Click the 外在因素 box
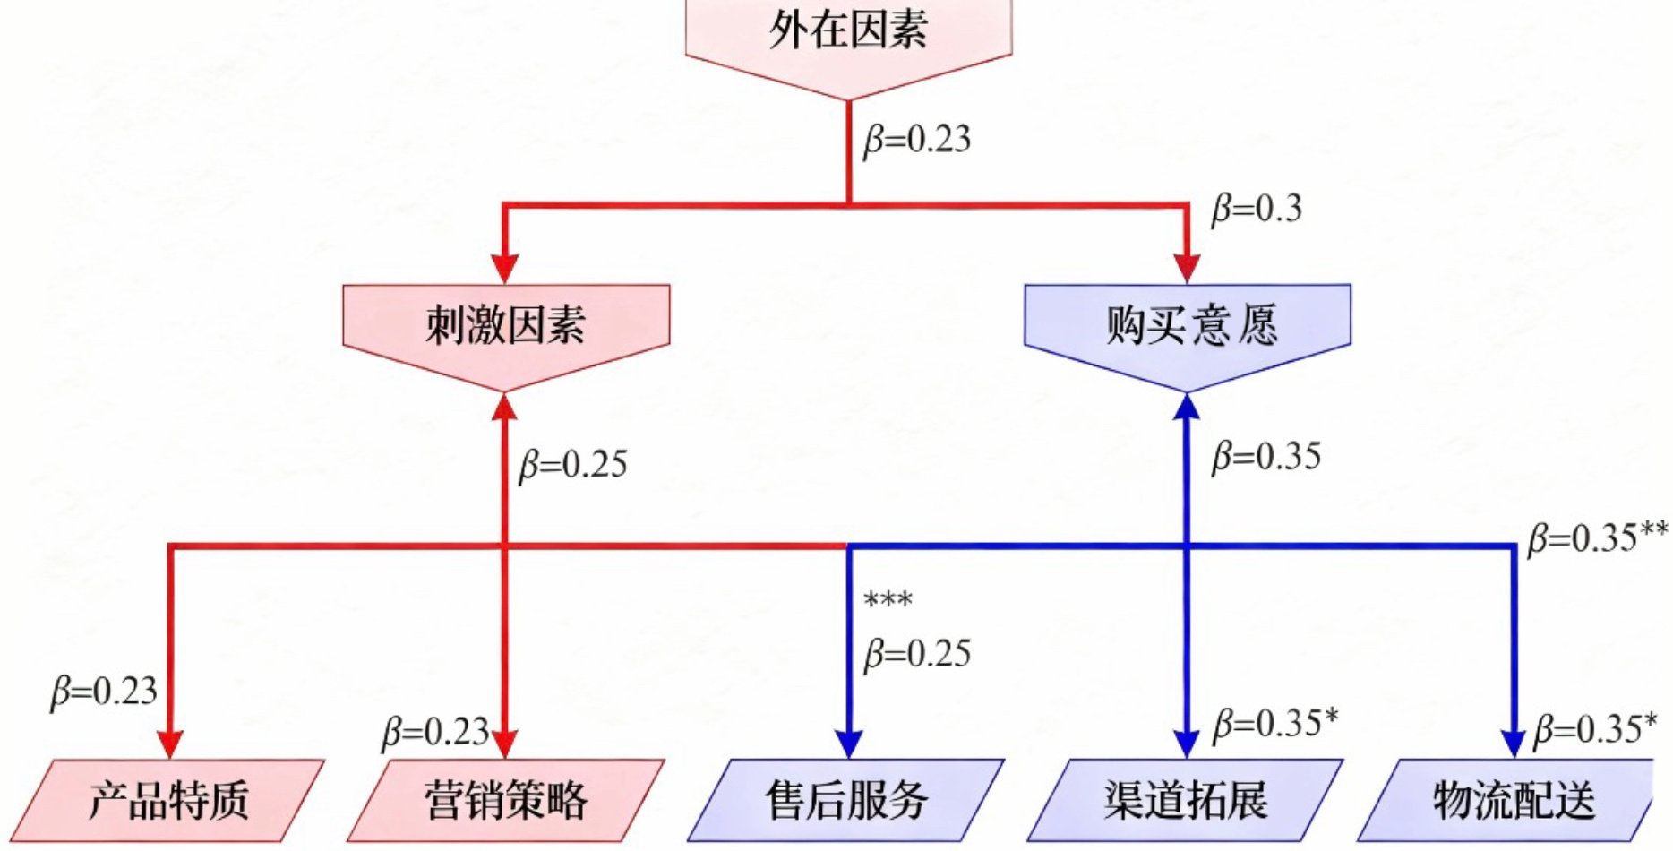tap(848, 36)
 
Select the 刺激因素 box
tap(506, 326)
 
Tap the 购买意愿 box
tap(1188, 326)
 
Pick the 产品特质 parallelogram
tap(169, 800)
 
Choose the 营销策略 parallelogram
tap(506, 800)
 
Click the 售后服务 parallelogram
tap(846, 800)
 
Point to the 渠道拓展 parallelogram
tap(1186, 800)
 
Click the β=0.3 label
tap(1257, 209)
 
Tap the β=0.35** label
tap(1598, 537)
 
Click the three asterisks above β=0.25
tap(888, 600)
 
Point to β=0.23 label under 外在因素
tap(917, 140)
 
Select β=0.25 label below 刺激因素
tap(573, 464)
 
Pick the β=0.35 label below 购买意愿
tap(1266, 457)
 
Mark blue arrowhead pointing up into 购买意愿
tap(1187, 408)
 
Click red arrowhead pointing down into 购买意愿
tap(1187, 267)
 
